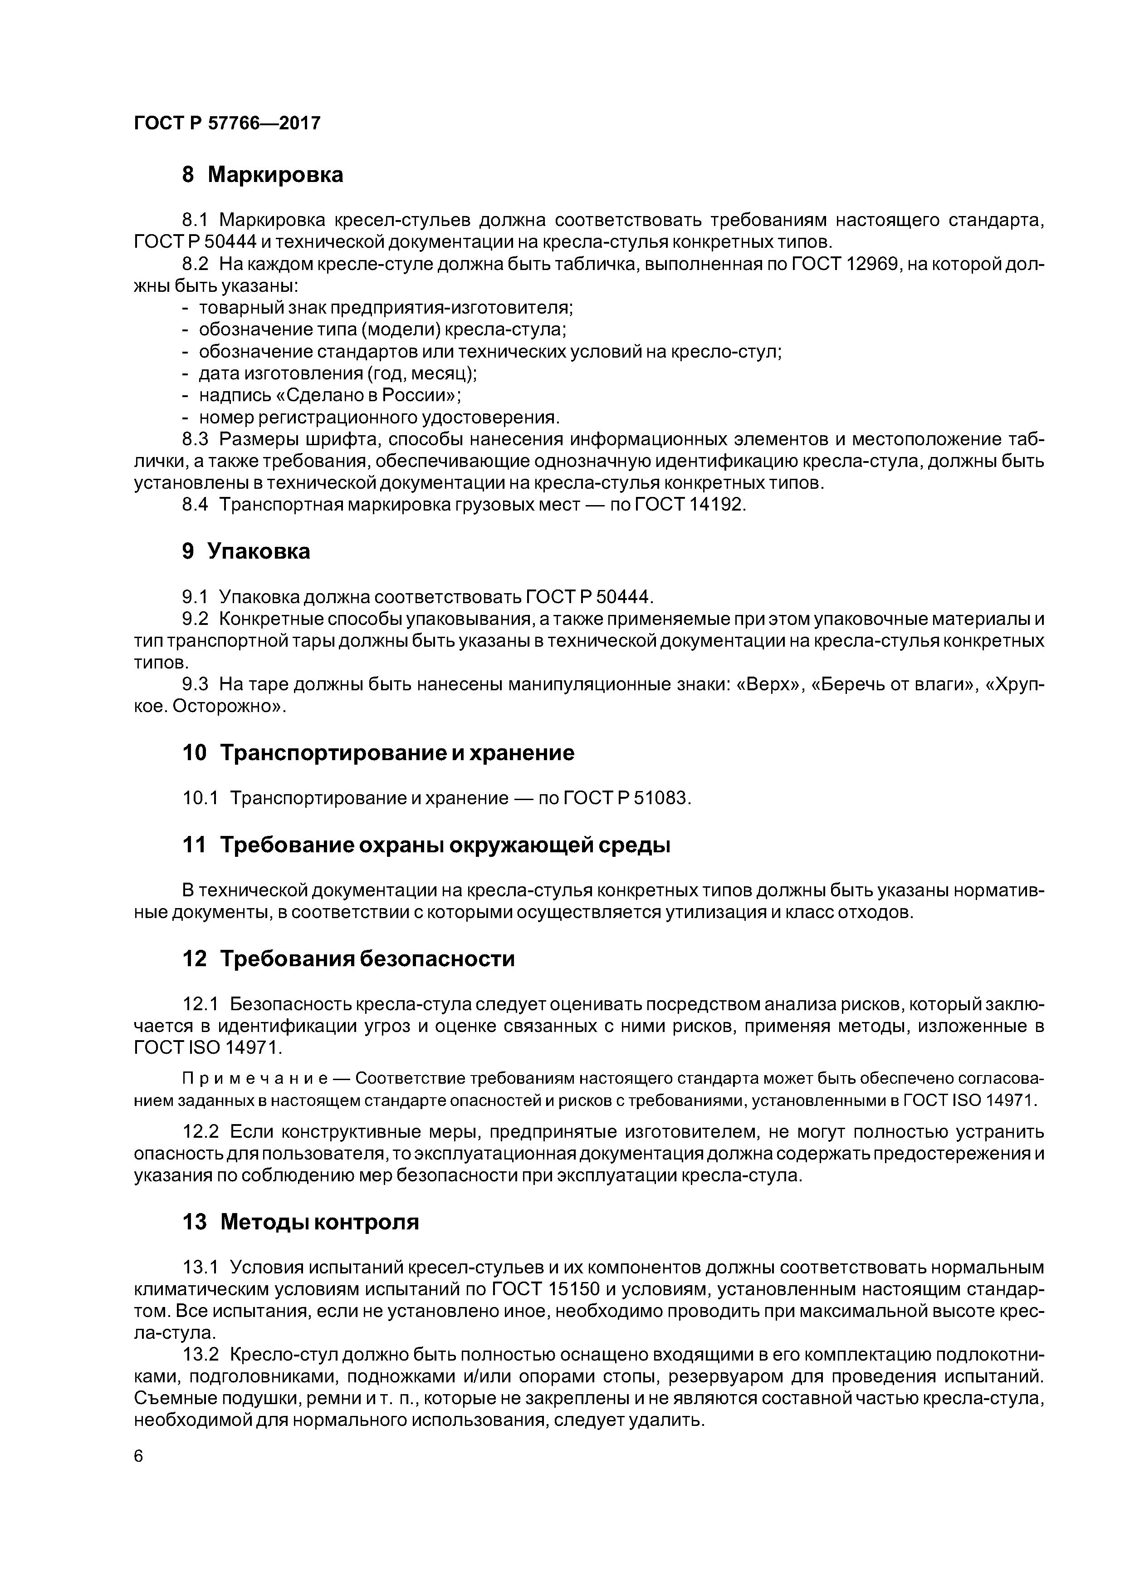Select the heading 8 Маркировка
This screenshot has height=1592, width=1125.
pos(262,175)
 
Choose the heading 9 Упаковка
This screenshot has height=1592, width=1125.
pos(245,551)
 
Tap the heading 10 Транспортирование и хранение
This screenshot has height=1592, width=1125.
pos(378,752)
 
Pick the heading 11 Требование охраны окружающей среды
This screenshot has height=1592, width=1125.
pos(426,845)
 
